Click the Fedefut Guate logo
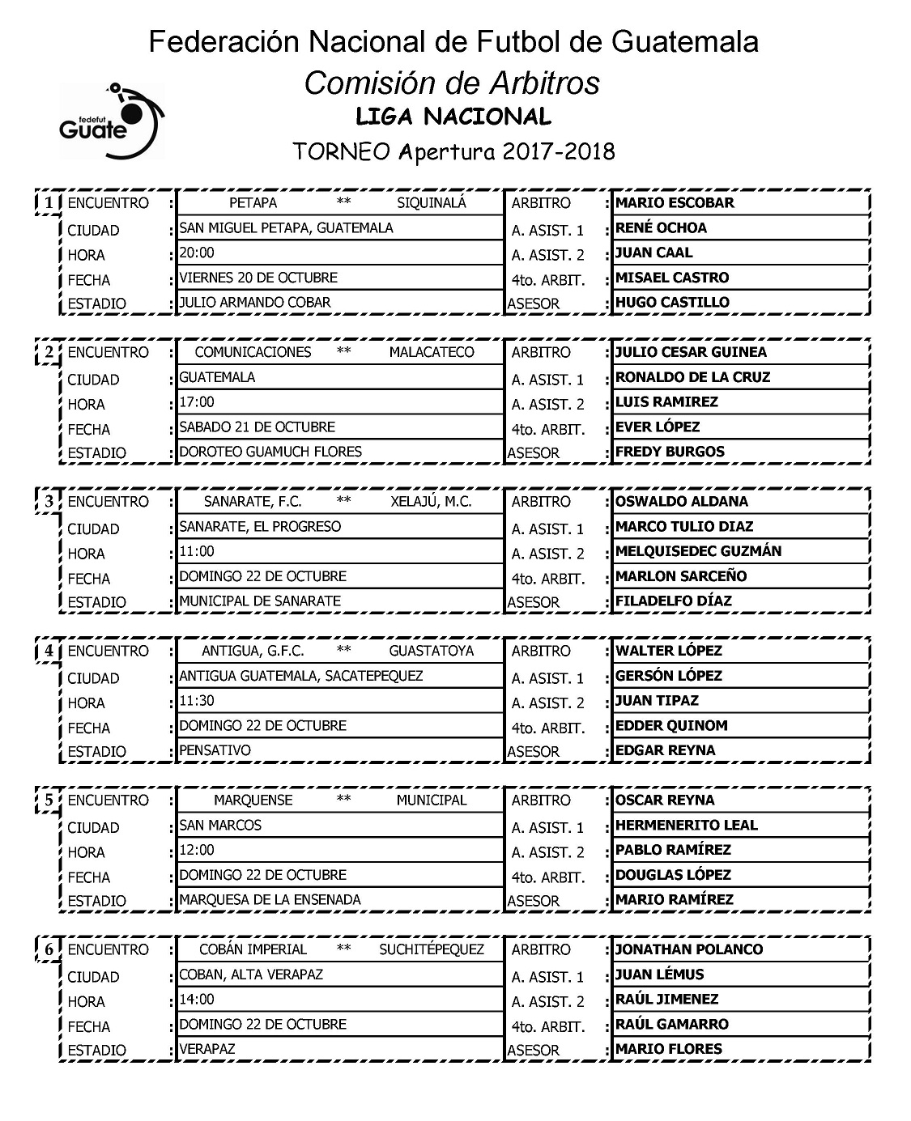(x=111, y=119)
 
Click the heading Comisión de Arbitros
(x=453, y=83)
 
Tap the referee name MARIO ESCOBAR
(x=675, y=203)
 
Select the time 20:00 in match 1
(x=197, y=253)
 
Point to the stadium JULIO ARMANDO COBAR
(x=255, y=303)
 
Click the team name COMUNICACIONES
(x=253, y=352)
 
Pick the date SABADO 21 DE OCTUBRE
(x=257, y=427)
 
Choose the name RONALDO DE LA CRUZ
(x=692, y=377)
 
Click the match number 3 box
(x=49, y=502)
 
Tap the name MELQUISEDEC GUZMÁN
(x=698, y=551)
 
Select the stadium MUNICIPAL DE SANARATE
(x=260, y=601)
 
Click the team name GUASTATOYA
(x=431, y=651)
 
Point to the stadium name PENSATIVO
(x=215, y=750)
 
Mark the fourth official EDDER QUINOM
(x=671, y=726)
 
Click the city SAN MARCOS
(x=220, y=826)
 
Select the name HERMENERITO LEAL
(x=686, y=826)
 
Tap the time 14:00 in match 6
(x=197, y=1000)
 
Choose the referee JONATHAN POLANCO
(x=689, y=949)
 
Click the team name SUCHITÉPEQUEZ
(x=432, y=949)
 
